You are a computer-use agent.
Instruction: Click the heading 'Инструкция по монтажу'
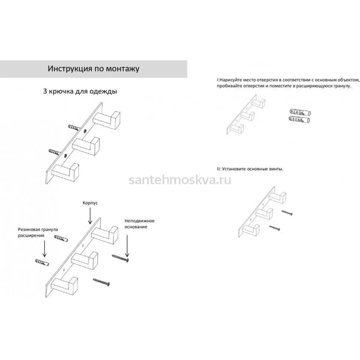93,69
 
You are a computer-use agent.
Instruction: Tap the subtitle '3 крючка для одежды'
80,91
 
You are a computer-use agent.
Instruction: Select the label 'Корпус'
90,203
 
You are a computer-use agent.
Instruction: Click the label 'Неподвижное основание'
139,224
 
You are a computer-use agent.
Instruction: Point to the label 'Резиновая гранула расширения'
38,232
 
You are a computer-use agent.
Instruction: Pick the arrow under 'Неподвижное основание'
127,246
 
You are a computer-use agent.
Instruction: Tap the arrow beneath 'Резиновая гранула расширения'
44,249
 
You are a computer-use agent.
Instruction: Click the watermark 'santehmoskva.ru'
180,180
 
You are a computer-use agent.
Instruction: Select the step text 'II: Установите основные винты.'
250,169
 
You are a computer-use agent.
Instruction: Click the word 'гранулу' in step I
342,86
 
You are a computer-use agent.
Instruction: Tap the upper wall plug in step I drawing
300,112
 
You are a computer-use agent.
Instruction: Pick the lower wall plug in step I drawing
299,119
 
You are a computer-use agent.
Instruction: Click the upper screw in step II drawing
287,213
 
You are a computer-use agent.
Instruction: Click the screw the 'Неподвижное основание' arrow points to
121,258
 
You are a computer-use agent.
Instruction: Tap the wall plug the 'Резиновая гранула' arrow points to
42,262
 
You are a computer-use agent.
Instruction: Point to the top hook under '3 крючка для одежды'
107,120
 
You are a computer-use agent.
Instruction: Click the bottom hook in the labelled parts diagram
64,286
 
